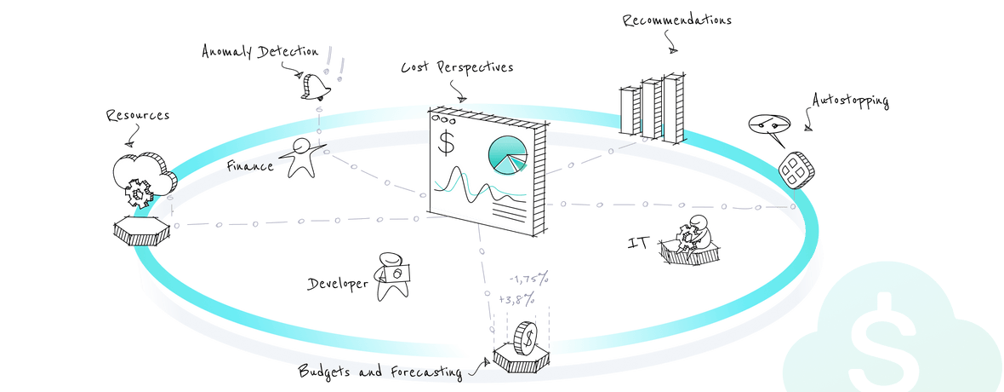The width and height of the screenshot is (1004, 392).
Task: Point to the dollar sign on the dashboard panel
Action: point(446,142)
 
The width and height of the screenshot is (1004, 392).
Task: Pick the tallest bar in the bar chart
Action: point(674,107)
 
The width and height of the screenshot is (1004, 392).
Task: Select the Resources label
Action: point(137,114)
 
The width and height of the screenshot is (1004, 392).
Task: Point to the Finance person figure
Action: point(303,159)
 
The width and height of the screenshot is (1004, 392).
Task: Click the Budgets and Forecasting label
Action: point(379,372)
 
